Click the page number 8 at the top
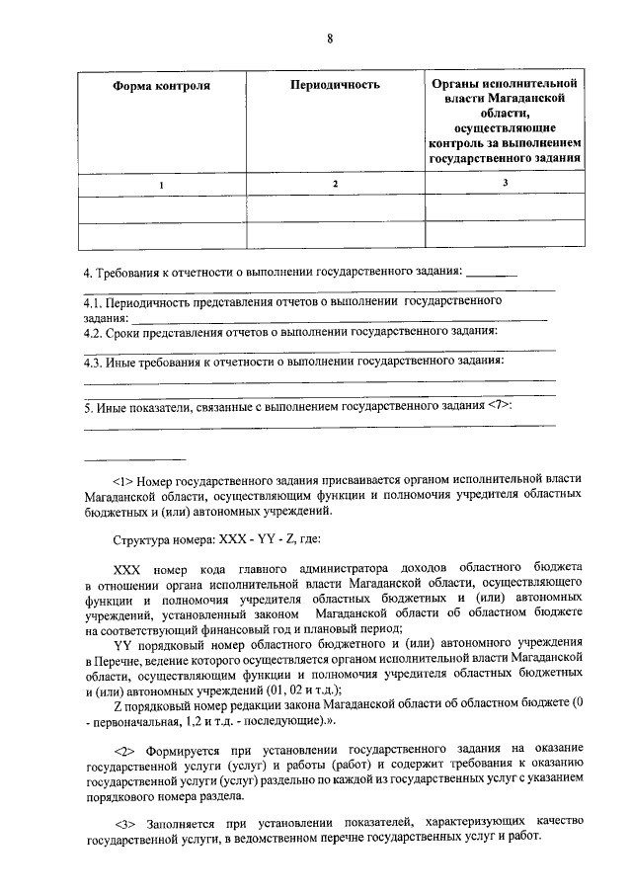point(330,39)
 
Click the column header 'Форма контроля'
point(163,86)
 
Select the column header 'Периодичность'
point(335,86)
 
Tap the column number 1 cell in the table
point(163,185)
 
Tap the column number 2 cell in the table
point(335,184)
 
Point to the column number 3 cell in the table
point(505,183)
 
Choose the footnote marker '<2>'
point(127,750)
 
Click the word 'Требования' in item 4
point(126,271)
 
